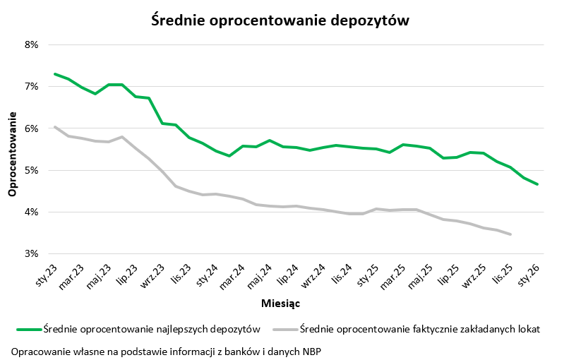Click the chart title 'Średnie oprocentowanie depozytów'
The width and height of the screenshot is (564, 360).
pyautogui.click(x=280, y=20)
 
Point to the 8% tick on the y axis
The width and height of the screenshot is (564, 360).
pyautogui.click(x=31, y=44)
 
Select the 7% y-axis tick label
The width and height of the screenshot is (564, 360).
pyautogui.click(x=31, y=87)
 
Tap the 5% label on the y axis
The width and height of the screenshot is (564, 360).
pyautogui.click(x=31, y=170)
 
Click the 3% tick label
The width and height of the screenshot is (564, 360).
pyautogui.click(x=31, y=254)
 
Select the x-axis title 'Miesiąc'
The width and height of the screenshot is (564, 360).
pyautogui.click(x=281, y=303)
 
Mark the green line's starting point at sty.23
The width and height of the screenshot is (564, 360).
pyautogui.click(x=54, y=73)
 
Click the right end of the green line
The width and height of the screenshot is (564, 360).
pyautogui.click(x=538, y=184)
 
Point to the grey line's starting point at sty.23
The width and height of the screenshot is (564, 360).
pyautogui.click(x=54, y=127)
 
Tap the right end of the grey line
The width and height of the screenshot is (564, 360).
pyautogui.click(x=510, y=234)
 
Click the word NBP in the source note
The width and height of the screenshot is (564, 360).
pyautogui.click(x=313, y=350)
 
